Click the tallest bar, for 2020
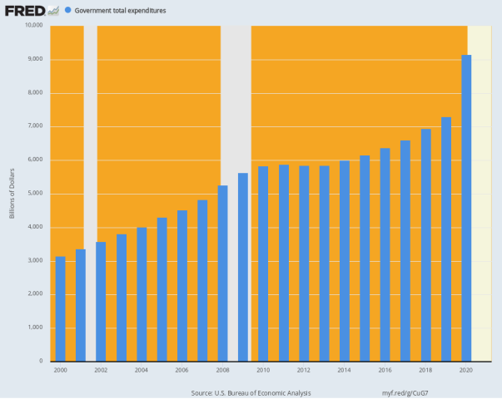point(466,208)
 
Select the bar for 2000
point(60,308)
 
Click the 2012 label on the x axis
point(304,370)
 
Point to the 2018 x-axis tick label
point(425,370)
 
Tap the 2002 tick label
point(101,370)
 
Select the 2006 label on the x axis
point(181,370)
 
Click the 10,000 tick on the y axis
point(33,25)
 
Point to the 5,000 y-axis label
point(35,194)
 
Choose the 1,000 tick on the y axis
point(35,328)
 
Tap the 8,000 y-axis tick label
point(35,92)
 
